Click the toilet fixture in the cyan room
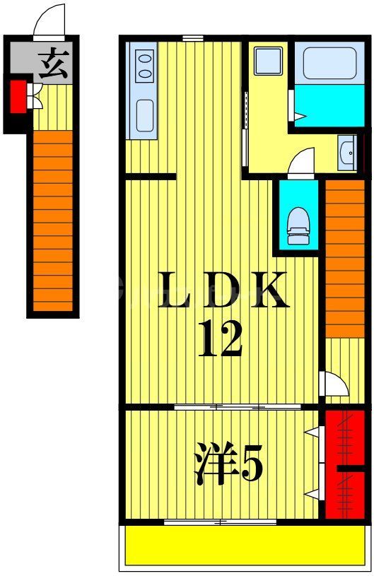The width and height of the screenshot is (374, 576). click(x=298, y=223)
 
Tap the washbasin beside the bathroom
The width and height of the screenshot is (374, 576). click(x=347, y=153)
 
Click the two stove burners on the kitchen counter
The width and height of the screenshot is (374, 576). click(x=145, y=64)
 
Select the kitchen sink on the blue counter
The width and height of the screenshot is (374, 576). click(x=145, y=115)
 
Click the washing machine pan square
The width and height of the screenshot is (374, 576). click(x=268, y=61)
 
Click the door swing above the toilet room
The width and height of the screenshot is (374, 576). click(x=302, y=161)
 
